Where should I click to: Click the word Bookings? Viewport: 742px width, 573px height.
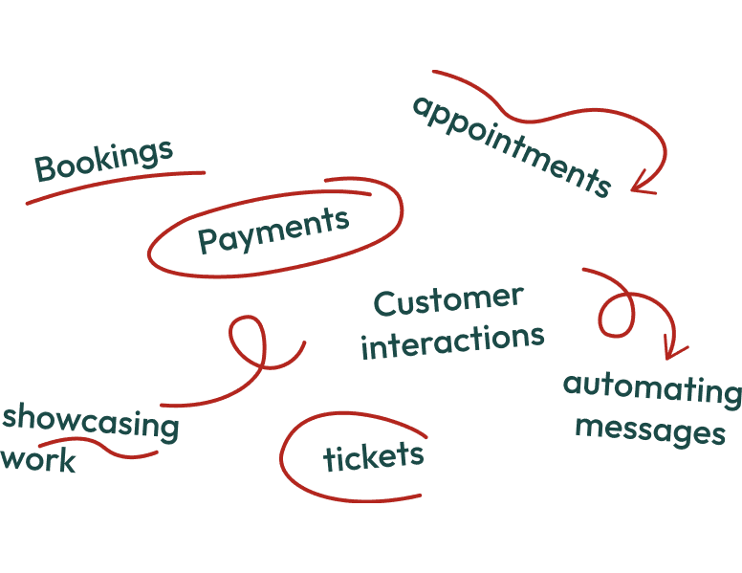pyautogui.click(x=103, y=161)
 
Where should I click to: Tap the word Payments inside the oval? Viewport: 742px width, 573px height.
pyautogui.click(x=273, y=231)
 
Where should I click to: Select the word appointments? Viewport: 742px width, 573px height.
pyautogui.click(x=511, y=145)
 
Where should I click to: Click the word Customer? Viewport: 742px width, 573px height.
pyautogui.click(x=448, y=301)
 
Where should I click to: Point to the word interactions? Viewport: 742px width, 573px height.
pyautogui.click(x=452, y=341)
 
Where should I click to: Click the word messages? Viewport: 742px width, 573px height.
pyautogui.click(x=650, y=430)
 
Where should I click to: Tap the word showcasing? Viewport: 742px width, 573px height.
pyautogui.click(x=91, y=422)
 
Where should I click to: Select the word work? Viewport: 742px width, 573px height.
pyautogui.click(x=38, y=460)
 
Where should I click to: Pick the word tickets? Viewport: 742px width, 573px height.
pyautogui.click(x=373, y=457)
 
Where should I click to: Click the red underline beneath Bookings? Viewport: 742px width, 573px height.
pyautogui.click(x=115, y=187)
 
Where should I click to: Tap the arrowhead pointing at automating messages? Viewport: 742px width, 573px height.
pyautogui.click(x=675, y=349)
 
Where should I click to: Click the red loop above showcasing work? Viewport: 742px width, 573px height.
pyautogui.click(x=248, y=342)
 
